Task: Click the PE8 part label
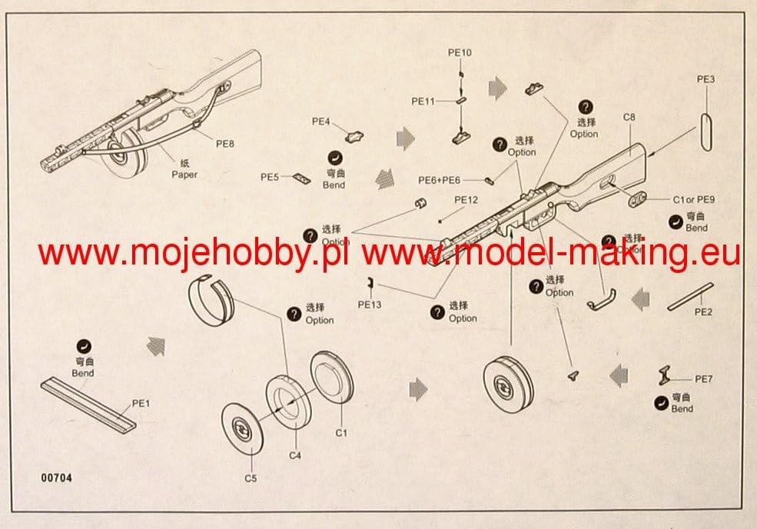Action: tap(225, 143)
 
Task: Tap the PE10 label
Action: tap(460, 52)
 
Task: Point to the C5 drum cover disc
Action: tap(244, 425)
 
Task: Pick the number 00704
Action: tap(58, 477)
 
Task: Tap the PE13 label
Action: tap(370, 304)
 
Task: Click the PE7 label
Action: tap(704, 379)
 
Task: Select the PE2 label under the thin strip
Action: tap(704, 312)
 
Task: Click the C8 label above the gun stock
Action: tap(629, 118)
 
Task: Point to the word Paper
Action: tap(184, 175)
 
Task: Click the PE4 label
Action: tap(320, 121)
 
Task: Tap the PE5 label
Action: tap(269, 177)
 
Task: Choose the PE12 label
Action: tap(466, 199)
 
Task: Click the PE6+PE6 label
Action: tap(439, 179)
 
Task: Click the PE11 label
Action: tap(423, 101)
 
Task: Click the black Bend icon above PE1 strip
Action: tap(84, 347)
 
